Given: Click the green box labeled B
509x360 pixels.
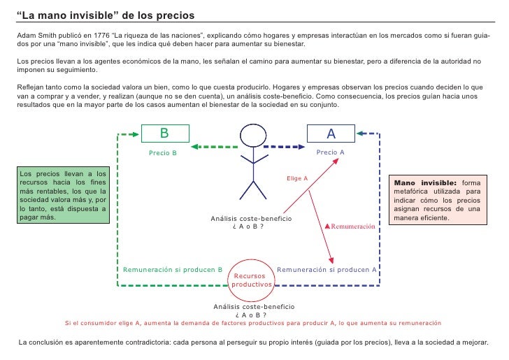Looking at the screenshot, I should pos(164,133).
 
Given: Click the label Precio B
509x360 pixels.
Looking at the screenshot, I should pos(164,152).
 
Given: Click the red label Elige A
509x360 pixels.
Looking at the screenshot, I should pos(297,178).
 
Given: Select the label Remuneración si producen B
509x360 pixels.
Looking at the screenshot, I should pos(173,269).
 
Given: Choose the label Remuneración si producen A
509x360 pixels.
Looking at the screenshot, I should pos(327,269).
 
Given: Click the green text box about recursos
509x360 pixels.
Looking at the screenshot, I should pos(63,194).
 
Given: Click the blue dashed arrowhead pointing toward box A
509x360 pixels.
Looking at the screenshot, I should pos(303,147).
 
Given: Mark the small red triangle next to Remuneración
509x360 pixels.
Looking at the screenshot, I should pos(327,226).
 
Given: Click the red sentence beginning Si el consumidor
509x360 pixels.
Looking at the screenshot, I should pos(252,323).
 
